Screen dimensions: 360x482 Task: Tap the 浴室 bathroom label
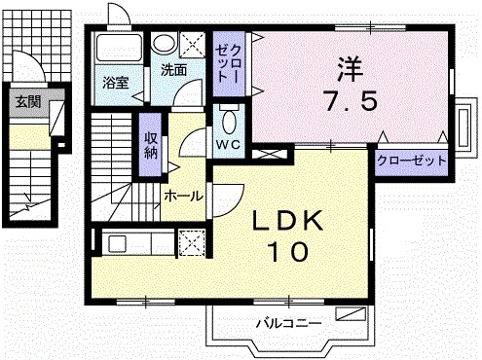[116, 84]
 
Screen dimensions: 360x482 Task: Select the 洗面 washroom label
[174, 70]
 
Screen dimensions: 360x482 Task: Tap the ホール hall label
[183, 196]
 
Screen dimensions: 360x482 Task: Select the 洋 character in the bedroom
[350, 69]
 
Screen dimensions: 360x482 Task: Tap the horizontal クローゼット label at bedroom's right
[412, 161]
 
